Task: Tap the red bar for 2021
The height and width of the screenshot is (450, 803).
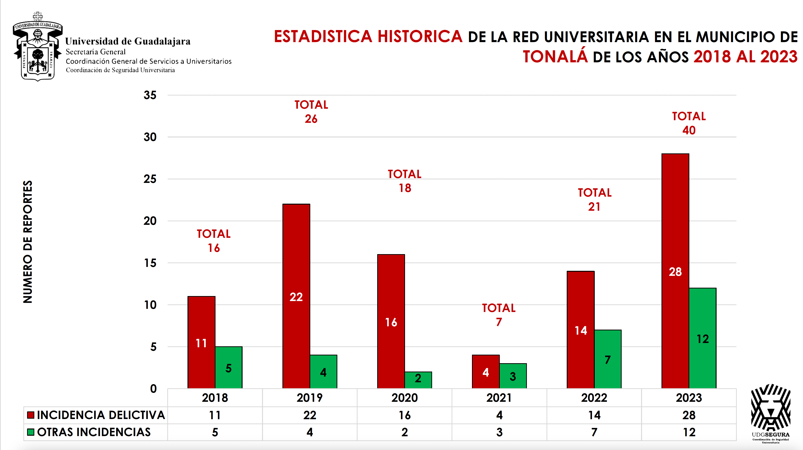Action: coord(486,372)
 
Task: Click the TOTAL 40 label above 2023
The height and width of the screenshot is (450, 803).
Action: coord(689,123)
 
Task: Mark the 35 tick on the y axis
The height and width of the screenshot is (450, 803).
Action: coord(150,95)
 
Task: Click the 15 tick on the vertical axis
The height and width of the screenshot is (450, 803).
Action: coord(150,263)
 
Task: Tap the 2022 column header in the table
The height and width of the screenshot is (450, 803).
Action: coord(594,398)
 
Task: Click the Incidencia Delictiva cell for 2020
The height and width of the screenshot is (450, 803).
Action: coord(405,415)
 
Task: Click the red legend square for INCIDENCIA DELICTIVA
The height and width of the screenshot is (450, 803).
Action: coord(31,415)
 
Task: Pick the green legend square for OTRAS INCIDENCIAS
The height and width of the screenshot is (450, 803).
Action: coord(31,432)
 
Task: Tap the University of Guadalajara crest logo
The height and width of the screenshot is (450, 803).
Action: coord(38,47)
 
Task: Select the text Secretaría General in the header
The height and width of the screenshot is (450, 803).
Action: coord(95,52)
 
